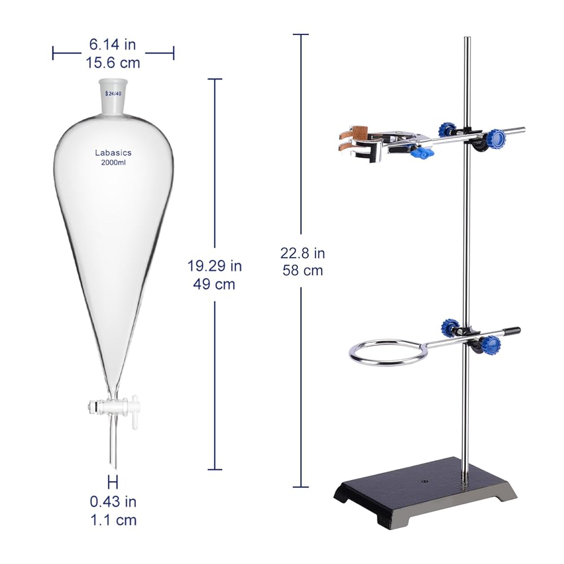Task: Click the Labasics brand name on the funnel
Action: [x=113, y=153]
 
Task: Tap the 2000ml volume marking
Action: [x=113, y=162]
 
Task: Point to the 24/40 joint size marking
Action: [x=113, y=94]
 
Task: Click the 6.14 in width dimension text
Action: [x=113, y=45]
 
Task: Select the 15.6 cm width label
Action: [x=113, y=63]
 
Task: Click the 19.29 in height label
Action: [x=215, y=266]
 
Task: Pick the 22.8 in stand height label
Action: [x=302, y=253]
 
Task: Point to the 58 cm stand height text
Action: [x=302, y=271]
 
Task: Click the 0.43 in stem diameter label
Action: [x=113, y=502]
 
